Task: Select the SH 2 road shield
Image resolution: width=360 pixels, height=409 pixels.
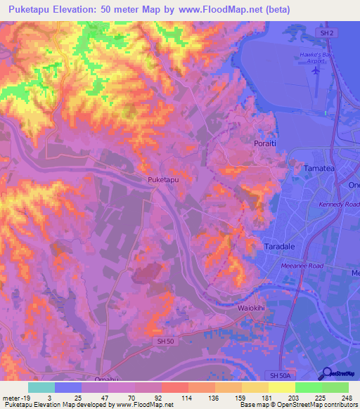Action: click(x=324, y=34)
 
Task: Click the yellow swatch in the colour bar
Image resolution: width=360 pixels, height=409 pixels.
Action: click(x=281, y=387)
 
